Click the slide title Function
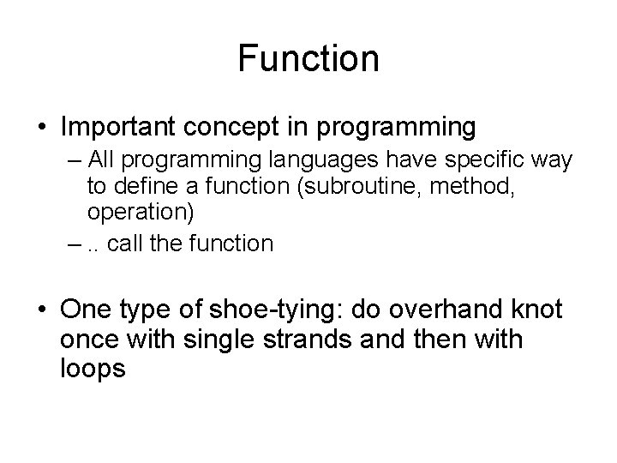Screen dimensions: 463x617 308,59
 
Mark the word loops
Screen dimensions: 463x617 93,370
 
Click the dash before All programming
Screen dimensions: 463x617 76,162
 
